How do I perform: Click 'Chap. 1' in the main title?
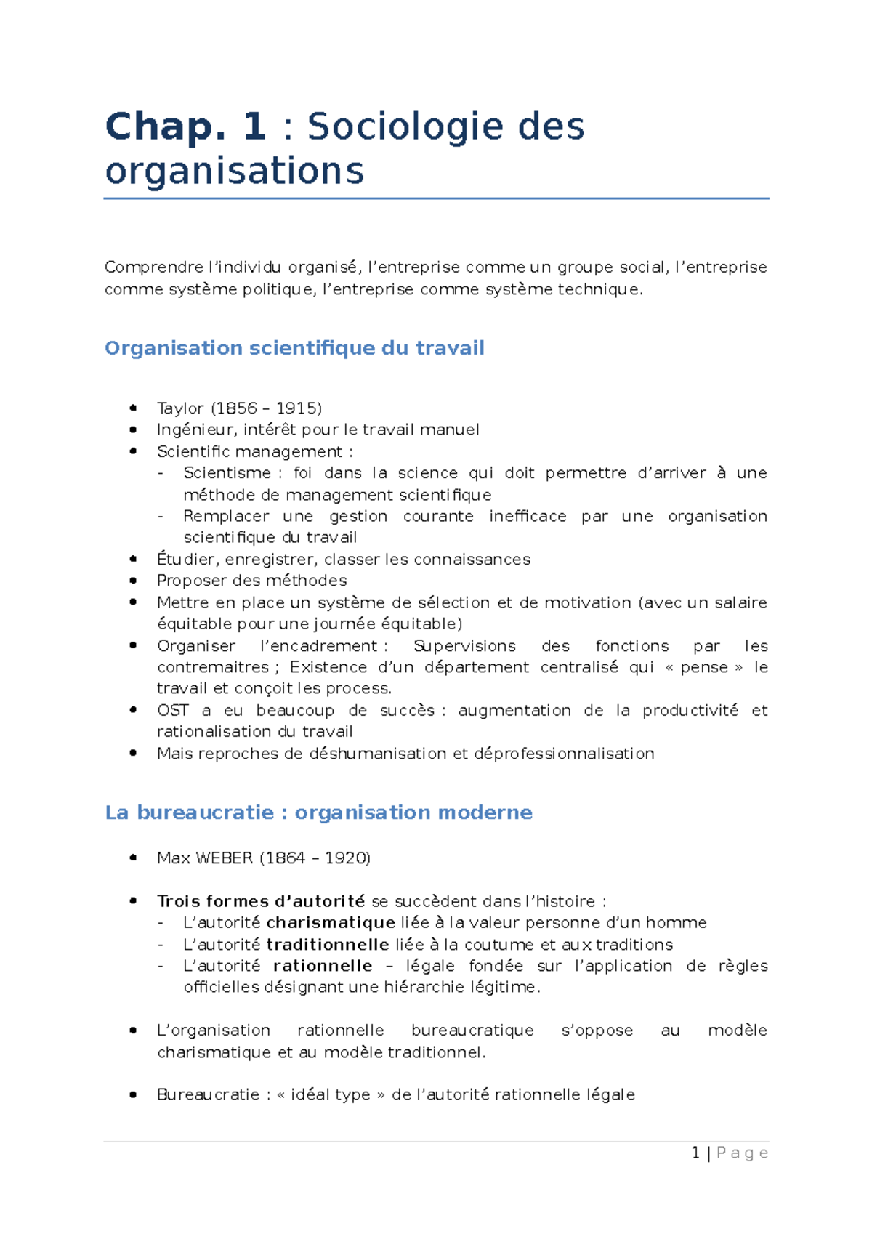pyautogui.click(x=185, y=126)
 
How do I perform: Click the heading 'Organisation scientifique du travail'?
pyautogui.click(x=294, y=348)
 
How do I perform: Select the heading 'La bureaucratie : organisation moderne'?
pyautogui.click(x=318, y=812)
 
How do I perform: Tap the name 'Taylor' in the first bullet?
pyautogui.click(x=180, y=408)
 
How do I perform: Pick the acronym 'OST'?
pyautogui.click(x=173, y=710)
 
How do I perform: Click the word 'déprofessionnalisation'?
pyautogui.click(x=564, y=754)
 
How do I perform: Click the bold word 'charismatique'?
pyautogui.click(x=331, y=923)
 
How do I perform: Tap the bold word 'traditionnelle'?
pyautogui.click(x=328, y=945)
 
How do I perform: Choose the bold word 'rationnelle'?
pyautogui.click(x=323, y=966)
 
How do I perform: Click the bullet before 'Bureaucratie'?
pyautogui.click(x=133, y=1094)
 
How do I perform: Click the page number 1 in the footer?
pyautogui.click(x=695, y=1153)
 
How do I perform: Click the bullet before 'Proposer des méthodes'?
pyautogui.click(x=133, y=581)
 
